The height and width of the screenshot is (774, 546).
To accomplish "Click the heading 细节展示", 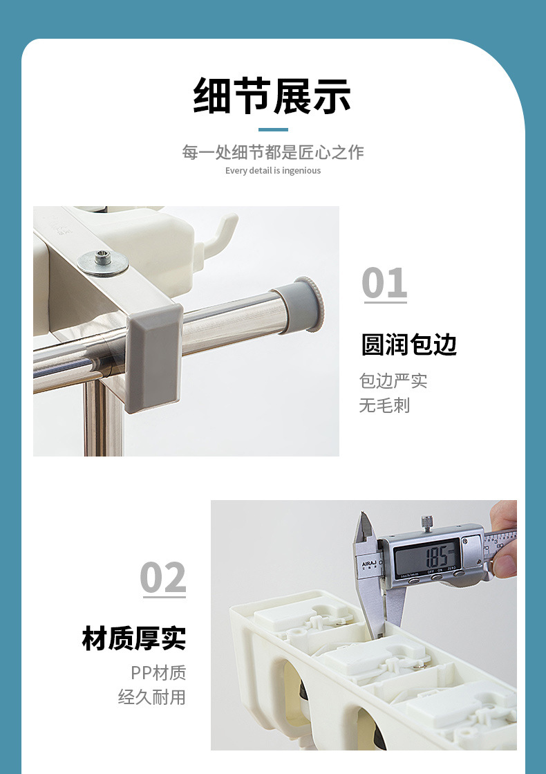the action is [272, 96].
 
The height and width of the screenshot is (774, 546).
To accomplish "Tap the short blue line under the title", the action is [273, 130].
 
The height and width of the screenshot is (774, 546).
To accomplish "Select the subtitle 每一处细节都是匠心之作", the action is [273, 152].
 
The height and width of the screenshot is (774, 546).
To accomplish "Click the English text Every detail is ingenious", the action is [273, 171].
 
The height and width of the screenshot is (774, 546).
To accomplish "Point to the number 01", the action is [385, 283].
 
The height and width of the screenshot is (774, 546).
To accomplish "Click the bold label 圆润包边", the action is [409, 344].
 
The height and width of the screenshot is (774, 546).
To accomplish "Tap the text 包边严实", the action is [393, 381].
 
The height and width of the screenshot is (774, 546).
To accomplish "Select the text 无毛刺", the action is [385, 406].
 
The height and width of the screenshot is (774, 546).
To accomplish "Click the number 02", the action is [163, 578].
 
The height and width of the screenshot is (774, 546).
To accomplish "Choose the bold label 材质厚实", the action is [134, 638].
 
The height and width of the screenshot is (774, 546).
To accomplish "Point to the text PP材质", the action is [158, 673].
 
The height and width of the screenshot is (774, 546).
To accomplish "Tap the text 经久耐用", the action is [152, 697].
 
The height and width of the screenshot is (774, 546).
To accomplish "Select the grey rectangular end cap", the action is [154, 358].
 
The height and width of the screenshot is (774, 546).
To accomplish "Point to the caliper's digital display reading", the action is [427, 556].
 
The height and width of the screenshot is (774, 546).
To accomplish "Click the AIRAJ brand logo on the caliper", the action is [369, 564].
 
